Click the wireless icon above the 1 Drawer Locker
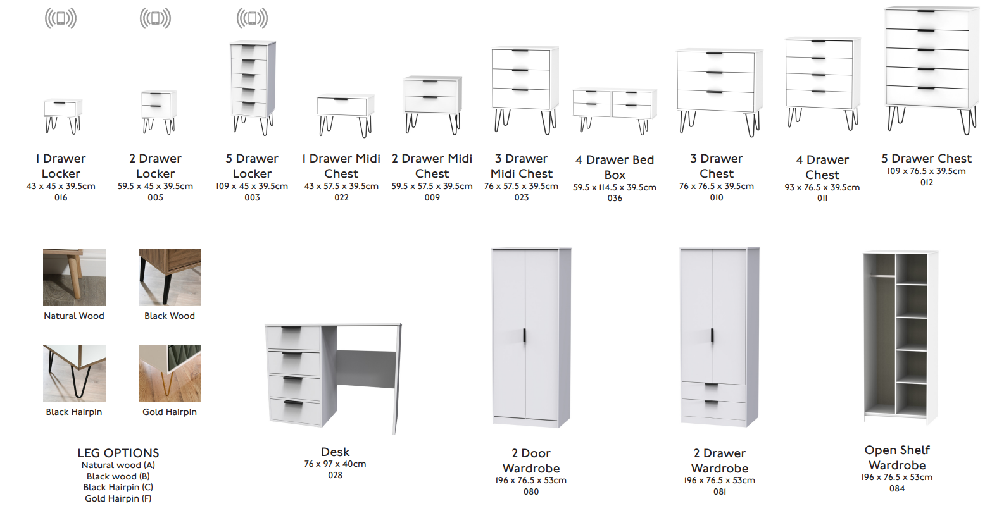pos(61,18)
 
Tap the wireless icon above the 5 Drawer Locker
pos(252,18)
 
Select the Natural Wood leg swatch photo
pos(75,278)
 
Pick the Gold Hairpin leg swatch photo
pos(170,373)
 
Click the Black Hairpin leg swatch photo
pos(75,373)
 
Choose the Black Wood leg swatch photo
pos(170,278)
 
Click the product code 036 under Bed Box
pos(615,198)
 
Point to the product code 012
pos(927,182)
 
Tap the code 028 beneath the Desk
pos(336,475)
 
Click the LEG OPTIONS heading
pos(118,453)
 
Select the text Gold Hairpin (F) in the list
pos(118,498)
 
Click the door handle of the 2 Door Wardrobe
pos(524,335)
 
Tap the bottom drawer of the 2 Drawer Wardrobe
pos(713,409)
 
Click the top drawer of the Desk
pos(293,338)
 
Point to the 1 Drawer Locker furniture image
pos(63,116)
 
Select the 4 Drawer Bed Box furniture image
pos(615,111)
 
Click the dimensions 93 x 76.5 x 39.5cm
pos(822,187)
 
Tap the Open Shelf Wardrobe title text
pos(897,457)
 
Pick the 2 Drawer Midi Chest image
pos(432,105)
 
